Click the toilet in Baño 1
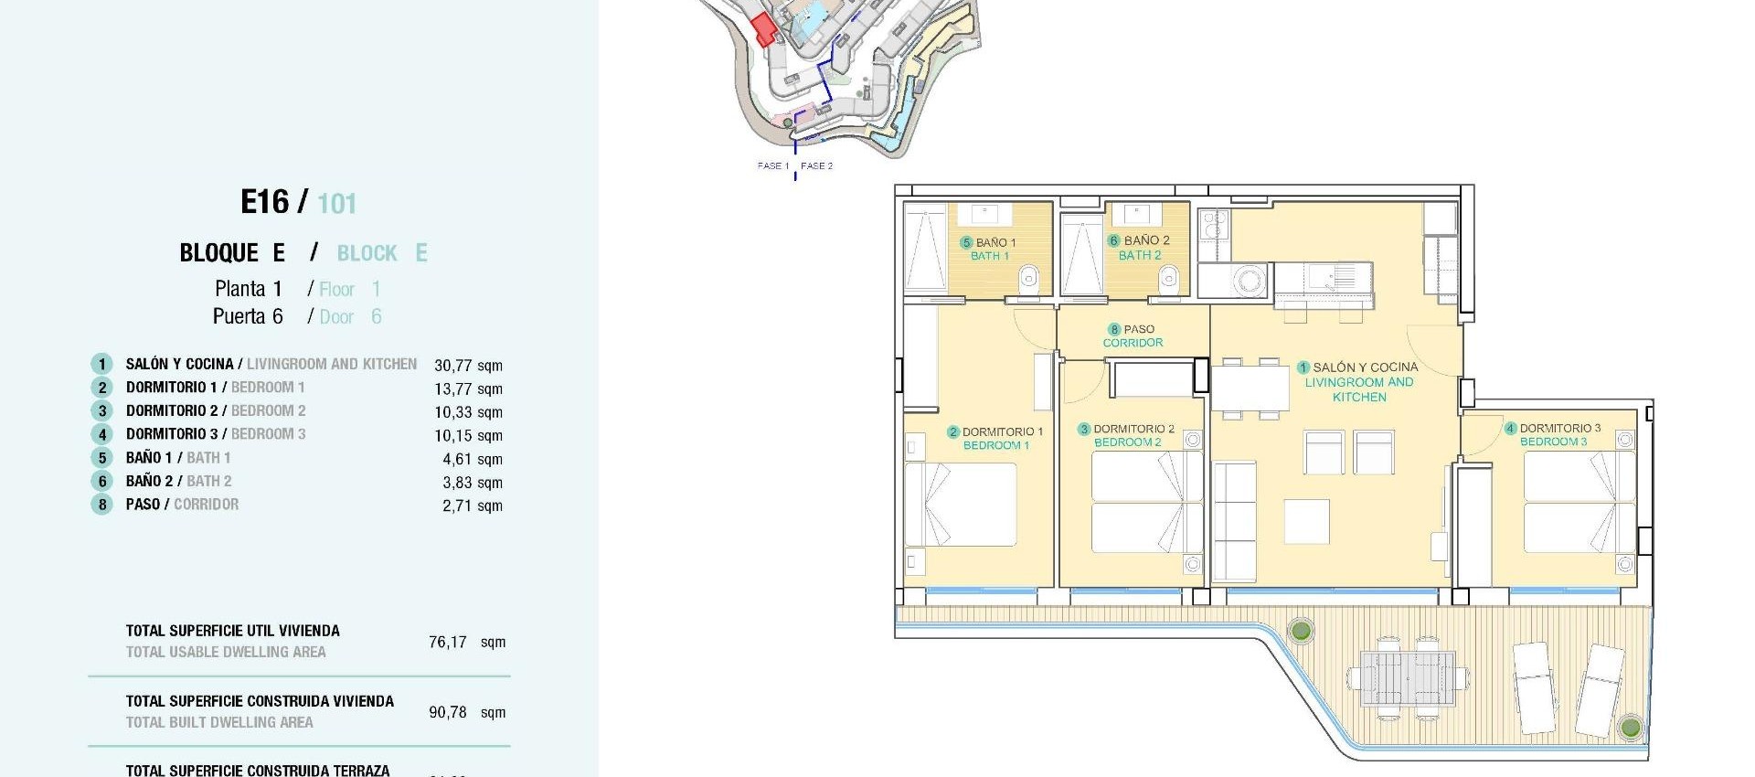(x=1029, y=276)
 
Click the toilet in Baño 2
(x=1168, y=278)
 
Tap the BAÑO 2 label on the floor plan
(x=1139, y=248)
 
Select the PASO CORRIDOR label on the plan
(x=1133, y=335)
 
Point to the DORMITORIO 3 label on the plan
(x=1553, y=434)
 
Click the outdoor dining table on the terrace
(x=1408, y=676)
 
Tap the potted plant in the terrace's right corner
(x=1630, y=728)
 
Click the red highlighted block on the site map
(x=763, y=29)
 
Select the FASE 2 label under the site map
(x=816, y=165)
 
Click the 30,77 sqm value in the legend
(x=468, y=366)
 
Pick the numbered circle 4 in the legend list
(x=102, y=435)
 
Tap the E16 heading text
(x=264, y=202)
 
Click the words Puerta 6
(x=248, y=316)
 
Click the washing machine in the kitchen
(x=1250, y=280)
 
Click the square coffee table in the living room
(x=1306, y=521)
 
